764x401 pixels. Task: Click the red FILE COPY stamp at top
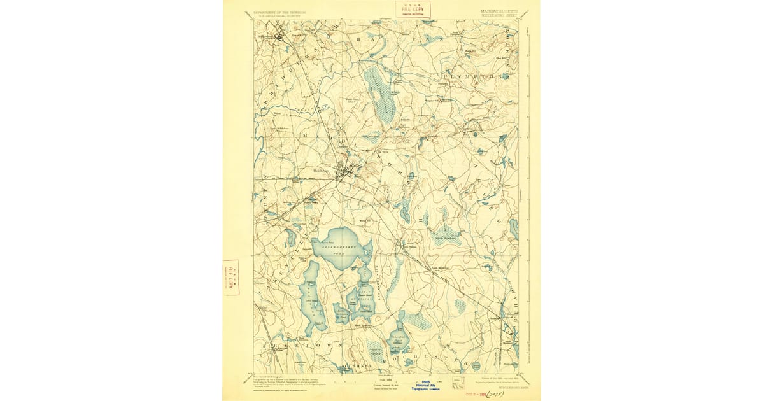(x=413, y=9)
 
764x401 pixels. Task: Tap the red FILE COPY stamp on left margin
(x=230, y=278)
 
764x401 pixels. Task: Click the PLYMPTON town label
(x=472, y=75)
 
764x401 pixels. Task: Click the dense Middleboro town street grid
(x=346, y=171)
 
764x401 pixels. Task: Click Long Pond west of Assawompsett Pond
(x=312, y=296)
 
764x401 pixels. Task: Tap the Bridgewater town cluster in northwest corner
(x=278, y=35)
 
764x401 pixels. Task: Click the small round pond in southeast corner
(x=476, y=365)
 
